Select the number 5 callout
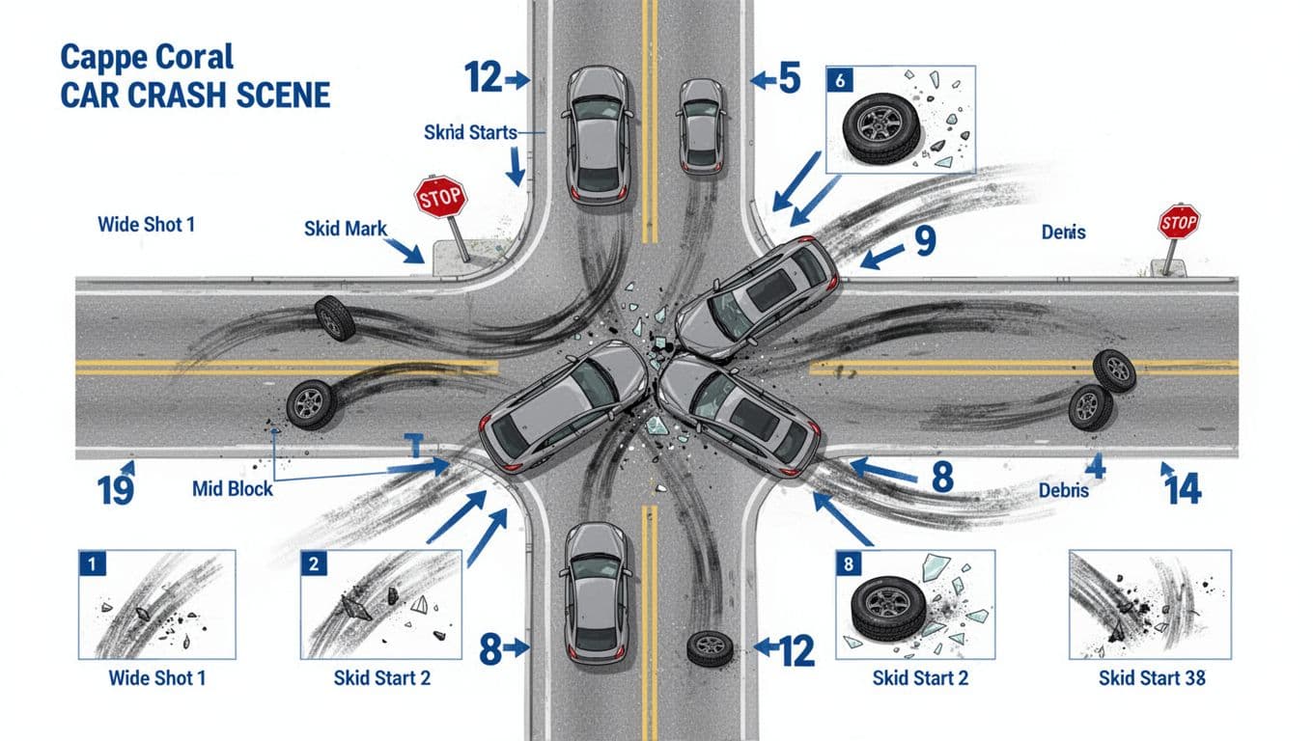789,79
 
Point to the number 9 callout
924,241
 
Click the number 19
116,490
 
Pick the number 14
1183,490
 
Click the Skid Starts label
470,132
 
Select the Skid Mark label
345,230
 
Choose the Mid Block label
233,489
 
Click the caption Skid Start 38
1152,678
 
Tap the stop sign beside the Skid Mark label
440,198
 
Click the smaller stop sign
1178,224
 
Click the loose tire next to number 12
710,647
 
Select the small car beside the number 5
701,125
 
